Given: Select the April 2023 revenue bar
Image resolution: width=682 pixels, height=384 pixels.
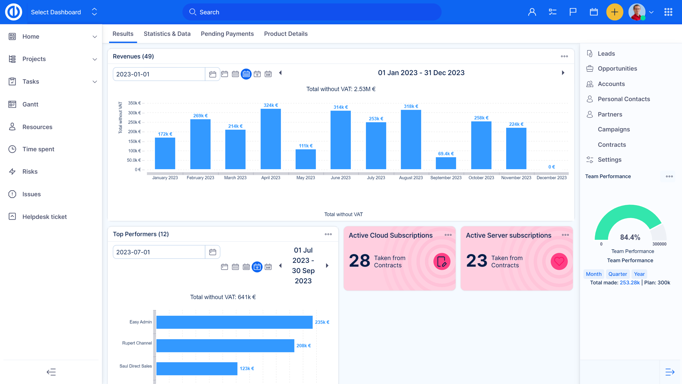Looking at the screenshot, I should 271,139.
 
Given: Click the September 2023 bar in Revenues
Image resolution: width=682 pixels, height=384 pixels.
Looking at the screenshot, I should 446,163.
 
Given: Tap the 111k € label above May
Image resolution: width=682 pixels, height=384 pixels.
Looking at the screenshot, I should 305,146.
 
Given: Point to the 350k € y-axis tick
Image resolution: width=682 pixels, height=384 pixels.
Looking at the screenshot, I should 134,103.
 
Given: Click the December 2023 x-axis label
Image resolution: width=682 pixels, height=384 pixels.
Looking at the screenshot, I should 551,178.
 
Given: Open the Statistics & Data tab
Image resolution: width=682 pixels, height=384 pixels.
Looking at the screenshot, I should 167,34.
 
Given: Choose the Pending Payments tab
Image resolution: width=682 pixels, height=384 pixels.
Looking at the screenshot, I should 227,34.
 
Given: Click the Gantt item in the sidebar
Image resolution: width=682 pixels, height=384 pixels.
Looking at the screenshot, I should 30,104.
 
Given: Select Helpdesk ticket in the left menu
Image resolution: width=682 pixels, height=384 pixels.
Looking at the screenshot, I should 44,217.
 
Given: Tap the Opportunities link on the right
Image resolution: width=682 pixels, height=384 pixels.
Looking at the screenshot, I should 617,69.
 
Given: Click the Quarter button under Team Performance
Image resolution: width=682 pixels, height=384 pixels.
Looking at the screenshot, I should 617,274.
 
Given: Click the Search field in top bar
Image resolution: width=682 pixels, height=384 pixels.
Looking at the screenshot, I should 312,12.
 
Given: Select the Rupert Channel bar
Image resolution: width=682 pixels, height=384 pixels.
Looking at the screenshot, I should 225,346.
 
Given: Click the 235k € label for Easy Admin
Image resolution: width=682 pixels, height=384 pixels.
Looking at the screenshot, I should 322,322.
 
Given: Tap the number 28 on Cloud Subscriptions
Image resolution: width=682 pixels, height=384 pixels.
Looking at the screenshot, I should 359,261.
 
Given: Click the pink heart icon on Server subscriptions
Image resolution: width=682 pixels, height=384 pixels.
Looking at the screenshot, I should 559,261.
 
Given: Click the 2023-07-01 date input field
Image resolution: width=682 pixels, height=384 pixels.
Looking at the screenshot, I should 159,252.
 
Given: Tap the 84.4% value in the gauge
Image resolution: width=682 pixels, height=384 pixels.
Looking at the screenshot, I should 630,237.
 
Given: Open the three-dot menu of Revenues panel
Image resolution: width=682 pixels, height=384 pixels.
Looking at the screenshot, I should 564,57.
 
